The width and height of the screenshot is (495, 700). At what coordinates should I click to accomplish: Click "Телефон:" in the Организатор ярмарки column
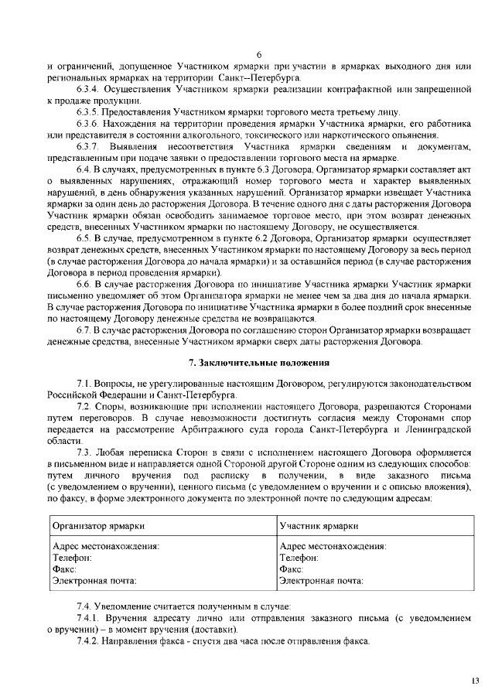click(71, 557)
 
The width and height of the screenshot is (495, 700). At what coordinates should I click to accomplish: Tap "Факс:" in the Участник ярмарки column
click(291, 569)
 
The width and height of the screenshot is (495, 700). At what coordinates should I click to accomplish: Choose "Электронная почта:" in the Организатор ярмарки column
click(94, 580)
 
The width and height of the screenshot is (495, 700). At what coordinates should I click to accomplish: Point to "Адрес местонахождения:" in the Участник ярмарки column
click(332, 545)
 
